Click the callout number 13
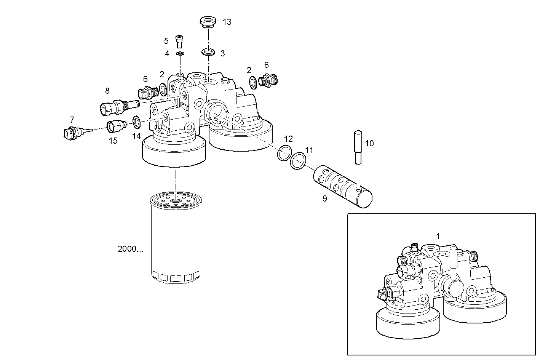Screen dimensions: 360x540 [x=227, y=22]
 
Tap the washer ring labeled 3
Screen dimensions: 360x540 [x=208, y=51]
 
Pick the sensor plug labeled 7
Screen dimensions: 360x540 [x=73, y=133]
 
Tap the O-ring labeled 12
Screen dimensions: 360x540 [x=284, y=152]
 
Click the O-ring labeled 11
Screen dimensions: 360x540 [x=298, y=161]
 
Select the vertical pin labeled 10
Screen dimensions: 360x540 [x=358, y=147]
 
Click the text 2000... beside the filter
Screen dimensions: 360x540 [x=131, y=249]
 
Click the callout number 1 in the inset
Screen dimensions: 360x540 [x=438, y=236]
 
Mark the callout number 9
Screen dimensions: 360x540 [x=324, y=198]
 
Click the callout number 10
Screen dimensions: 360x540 [x=369, y=144]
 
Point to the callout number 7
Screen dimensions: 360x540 [x=72, y=119]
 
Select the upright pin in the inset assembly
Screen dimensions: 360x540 [x=453, y=263]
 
